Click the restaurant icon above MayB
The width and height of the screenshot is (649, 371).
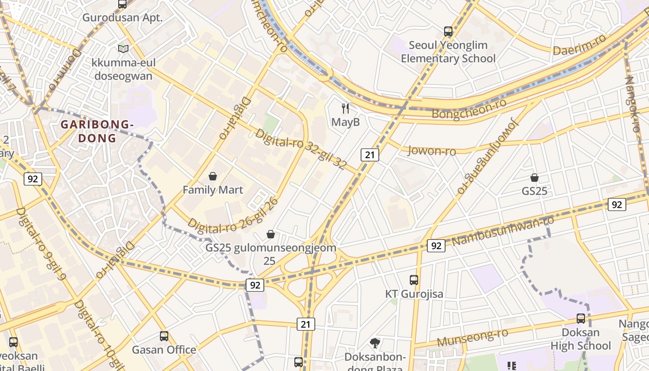pyautogui.click(x=345, y=109)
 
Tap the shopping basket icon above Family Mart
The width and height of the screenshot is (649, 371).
pyautogui.click(x=213, y=176)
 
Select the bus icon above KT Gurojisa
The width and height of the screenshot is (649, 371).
pyautogui.click(x=414, y=280)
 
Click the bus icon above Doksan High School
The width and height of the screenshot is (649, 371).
pyautogui.click(x=581, y=319)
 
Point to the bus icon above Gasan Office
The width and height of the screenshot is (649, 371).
pyautogui.click(x=164, y=336)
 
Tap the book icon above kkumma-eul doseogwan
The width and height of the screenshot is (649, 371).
pyautogui.click(x=123, y=49)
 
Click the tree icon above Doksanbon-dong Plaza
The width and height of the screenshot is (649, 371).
pyautogui.click(x=375, y=343)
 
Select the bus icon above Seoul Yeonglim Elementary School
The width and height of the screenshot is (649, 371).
pyautogui.click(x=448, y=32)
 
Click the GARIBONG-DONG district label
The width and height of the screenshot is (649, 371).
pyautogui.click(x=97, y=131)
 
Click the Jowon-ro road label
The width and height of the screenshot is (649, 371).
pyautogui.click(x=431, y=151)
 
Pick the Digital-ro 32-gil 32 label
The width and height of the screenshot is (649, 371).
pyautogui.click(x=301, y=149)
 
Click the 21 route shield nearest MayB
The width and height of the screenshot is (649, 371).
pyautogui.click(x=369, y=154)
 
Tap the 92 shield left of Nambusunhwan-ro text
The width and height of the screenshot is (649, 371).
pyautogui.click(x=436, y=246)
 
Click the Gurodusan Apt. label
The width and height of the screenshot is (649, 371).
pyautogui.click(x=122, y=18)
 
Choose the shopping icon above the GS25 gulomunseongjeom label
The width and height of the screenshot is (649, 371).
pyautogui.click(x=271, y=234)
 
